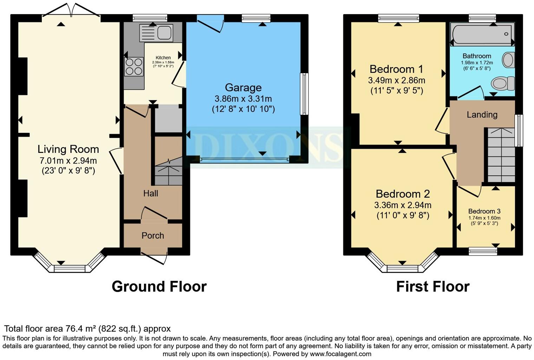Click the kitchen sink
point(156,33)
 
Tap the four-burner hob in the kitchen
point(134,66)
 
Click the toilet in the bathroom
point(502,84)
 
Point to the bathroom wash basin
point(508,60)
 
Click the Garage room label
point(243,88)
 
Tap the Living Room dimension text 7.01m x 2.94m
point(68,161)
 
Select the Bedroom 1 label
point(396,69)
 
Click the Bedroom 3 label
point(484,211)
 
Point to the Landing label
point(482,115)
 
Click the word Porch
point(153,236)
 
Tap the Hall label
point(150,193)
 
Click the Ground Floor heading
point(159,287)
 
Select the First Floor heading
point(433,287)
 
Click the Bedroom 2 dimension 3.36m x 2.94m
point(403,205)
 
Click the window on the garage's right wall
point(304,94)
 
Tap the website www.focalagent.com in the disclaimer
point(340,354)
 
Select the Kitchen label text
point(163,58)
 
